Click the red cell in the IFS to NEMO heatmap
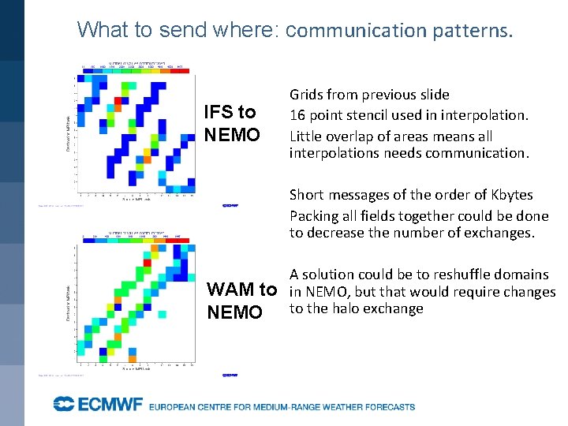point(118,101)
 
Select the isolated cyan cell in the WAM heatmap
point(161,314)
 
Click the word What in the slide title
point(99,30)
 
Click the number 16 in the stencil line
point(297,115)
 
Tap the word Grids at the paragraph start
point(306,95)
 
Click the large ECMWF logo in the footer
point(97,405)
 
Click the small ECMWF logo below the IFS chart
point(230,205)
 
